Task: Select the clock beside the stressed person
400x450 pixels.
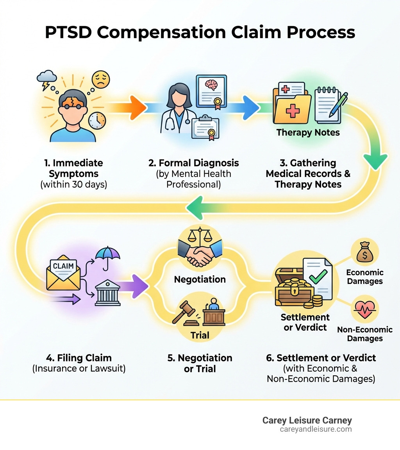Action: click(96, 121)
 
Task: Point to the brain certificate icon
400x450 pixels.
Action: click(211, 91)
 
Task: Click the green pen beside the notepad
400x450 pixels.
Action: click(338, 104)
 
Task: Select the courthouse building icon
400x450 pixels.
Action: click(107, 292)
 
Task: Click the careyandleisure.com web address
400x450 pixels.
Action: click(316, 429)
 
